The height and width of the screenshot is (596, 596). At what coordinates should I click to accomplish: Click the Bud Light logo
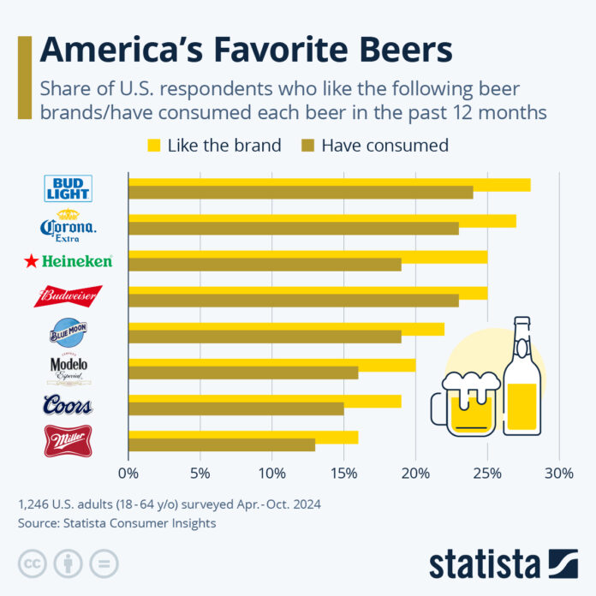69,188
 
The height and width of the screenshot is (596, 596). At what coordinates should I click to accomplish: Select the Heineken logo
69,261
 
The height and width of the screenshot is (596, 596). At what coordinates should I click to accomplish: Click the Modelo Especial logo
69,369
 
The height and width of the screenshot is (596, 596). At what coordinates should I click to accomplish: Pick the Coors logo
69,405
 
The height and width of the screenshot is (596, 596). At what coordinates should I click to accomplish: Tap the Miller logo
69,440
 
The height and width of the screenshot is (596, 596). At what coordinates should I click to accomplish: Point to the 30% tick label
559,473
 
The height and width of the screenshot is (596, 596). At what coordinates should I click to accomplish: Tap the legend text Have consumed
384,145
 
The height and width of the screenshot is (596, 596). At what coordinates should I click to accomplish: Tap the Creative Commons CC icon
32,563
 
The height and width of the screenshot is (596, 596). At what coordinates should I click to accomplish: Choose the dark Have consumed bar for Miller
222,444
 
